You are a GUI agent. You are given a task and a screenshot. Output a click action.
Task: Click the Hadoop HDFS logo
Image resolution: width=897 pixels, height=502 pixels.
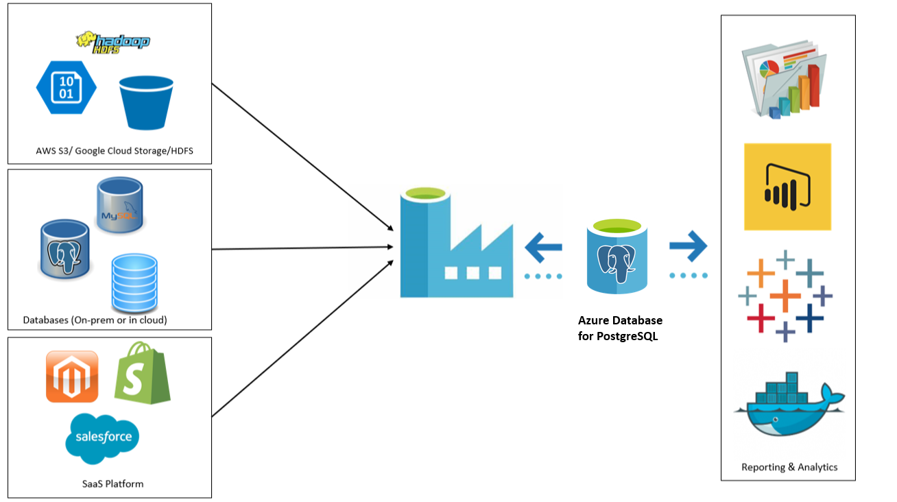[113, 42]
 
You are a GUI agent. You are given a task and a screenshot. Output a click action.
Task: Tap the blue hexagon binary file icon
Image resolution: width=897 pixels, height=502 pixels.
[66, 88]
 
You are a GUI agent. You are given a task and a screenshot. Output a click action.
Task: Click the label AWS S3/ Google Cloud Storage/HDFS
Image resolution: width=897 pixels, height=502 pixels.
[115, 151]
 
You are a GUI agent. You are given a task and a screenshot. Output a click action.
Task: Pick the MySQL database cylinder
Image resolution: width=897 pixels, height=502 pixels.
[120, 205]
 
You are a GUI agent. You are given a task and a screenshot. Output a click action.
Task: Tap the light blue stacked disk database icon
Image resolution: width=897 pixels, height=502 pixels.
[134, 282]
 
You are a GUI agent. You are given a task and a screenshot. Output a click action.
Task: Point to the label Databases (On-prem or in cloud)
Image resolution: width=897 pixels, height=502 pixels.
[95, 320]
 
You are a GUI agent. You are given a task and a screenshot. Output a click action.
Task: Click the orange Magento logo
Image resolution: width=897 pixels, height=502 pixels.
[72, 376]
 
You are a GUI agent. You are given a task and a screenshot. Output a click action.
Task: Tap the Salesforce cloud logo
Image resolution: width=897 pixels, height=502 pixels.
[103, 436]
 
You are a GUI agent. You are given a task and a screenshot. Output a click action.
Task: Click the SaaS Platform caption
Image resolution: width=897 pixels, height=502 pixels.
[112, 483]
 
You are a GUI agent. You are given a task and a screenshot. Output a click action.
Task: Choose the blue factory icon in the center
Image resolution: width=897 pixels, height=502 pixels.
[456, 243]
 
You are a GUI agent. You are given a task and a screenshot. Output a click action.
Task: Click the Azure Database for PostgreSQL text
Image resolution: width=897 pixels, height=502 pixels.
[620, 328]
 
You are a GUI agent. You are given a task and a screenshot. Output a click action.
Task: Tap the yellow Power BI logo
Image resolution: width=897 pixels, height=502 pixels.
[787, 187]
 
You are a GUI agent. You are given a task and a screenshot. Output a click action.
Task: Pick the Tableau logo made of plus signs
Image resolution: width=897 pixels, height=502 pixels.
[785, 296]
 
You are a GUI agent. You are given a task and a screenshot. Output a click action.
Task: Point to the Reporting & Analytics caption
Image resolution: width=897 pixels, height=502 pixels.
[789, 467]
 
